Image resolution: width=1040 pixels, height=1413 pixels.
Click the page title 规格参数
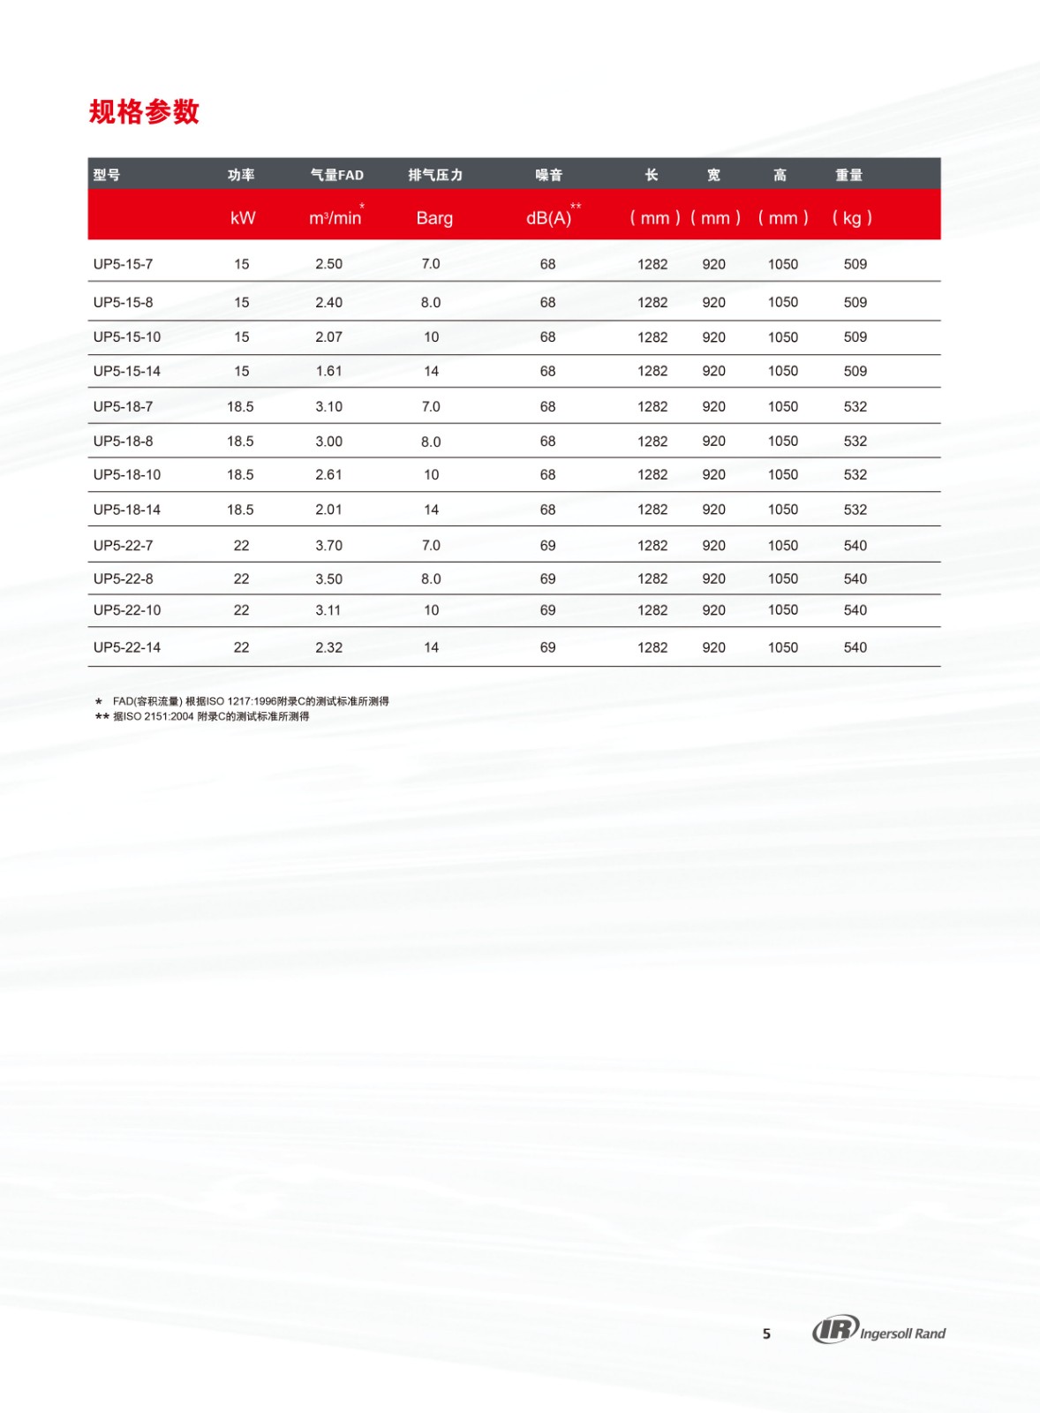tap(144, 112)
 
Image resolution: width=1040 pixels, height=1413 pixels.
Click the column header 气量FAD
tap(336, 175)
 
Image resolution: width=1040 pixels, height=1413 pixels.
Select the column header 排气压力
tap(435, 175)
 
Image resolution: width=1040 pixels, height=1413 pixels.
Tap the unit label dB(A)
tap(549, 218)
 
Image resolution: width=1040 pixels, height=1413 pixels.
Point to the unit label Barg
tap(434, 218)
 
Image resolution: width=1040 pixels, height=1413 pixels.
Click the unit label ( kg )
tap(852, 218)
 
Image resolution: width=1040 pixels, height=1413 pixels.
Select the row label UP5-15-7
tap(123, 264)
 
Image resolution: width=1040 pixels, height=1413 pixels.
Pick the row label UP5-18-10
tap(127, 475)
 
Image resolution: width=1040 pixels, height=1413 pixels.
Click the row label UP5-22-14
tap(127, 647)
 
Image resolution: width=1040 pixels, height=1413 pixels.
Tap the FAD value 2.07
tap(328, 337)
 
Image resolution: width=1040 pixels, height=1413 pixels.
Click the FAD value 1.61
tap(328, 372)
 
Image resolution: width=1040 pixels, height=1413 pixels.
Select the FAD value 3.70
tap(328, 546)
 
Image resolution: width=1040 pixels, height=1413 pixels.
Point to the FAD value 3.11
tap(328, 610)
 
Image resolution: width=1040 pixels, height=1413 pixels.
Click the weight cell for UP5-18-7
tap(855, 407)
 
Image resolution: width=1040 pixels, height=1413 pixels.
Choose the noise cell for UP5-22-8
tap(547, 579)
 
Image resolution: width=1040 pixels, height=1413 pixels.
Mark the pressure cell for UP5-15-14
tap(431, 372)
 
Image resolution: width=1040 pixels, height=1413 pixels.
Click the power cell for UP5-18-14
tap(240, 510)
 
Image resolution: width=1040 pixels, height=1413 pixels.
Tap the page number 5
tap(766, 1334)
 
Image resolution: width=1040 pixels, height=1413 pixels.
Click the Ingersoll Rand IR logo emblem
tap(835, 1329)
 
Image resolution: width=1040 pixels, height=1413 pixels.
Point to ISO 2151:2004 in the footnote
tap(159, 716)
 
